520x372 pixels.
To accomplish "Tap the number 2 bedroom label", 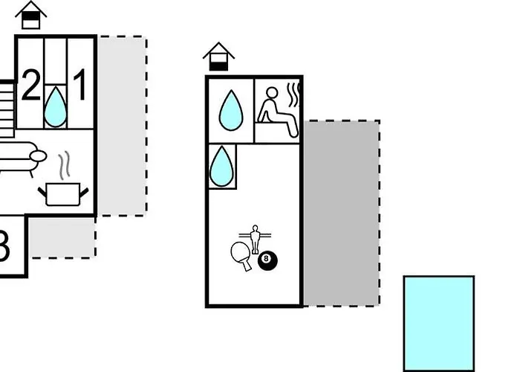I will (30, 86).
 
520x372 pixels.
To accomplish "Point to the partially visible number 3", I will (4, 247).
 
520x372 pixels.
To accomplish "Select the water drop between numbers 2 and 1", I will (55, 106).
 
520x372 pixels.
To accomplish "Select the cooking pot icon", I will (63, 193).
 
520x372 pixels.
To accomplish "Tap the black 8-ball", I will (267, 260).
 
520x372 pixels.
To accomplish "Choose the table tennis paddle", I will (241, 255).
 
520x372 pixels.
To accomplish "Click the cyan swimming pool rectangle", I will (439, 322).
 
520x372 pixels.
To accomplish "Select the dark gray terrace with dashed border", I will (341, 213).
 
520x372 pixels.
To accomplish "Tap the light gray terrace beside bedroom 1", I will (122, 126).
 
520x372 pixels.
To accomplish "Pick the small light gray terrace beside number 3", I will (62, 237).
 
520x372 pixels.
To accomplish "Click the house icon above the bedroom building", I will (30, 16).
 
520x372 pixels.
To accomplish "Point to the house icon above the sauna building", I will (218, 57).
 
